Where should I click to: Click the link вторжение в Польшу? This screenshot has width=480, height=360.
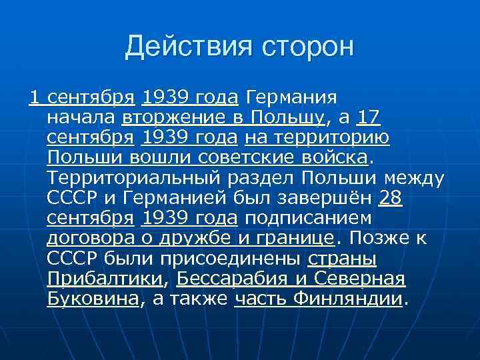coord(224,118)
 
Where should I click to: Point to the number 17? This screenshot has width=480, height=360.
coord(369,118)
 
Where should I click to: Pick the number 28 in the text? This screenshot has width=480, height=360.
coord(390,199)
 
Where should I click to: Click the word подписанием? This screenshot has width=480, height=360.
coord(308,219)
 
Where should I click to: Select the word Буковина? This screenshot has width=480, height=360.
coord(93,299)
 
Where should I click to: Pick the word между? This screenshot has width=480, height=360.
coord(413,179)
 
